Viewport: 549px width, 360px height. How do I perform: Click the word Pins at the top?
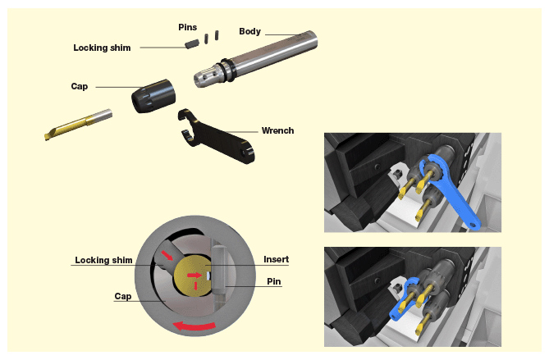coord(188,27)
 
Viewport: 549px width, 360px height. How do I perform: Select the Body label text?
coord(249,31)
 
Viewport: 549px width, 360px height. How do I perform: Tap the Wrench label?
coord(277,130)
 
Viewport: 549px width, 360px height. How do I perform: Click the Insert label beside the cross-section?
coord(276,259)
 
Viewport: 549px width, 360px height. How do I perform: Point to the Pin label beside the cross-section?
coord(274,280)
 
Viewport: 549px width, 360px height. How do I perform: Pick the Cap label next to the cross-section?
coord(122,296)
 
